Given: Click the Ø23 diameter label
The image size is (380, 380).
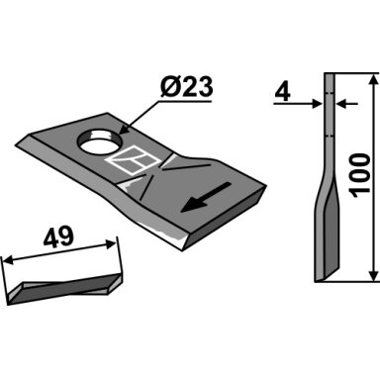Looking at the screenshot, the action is click(186, 87).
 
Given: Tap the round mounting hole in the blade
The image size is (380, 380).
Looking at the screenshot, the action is click(99, 142).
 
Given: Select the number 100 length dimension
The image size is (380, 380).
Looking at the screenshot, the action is click(360, 175).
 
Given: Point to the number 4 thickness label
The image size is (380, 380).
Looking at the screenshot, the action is click(283, 93).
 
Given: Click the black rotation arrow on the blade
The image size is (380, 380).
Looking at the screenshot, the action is click(206, 197).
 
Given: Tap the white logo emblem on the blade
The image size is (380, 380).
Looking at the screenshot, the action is click(135, 160).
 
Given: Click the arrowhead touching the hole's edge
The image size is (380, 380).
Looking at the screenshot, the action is click(124, 130).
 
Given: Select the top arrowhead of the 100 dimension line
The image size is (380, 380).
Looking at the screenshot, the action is click(373, 79).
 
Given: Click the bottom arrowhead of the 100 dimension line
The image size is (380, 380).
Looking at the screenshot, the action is click(373, 276).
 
